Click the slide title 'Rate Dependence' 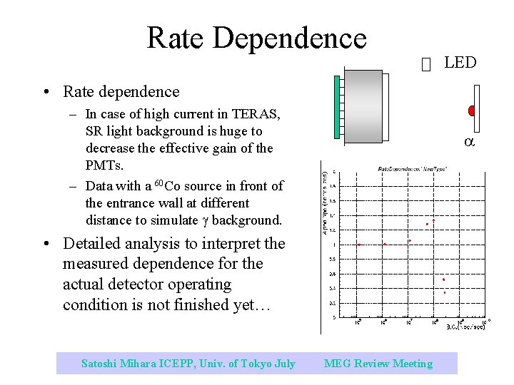pos(256,38)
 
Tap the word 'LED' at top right pos(460,63)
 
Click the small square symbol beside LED pos(427,65)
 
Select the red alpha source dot pos(472,111)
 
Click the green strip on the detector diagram pos(338,106)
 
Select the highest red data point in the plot pos(433,220)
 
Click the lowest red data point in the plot pos(445,292)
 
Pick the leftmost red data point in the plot pos(358,245)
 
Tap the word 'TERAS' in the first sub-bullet pos(258,113)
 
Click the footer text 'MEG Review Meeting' pos(378,364)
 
